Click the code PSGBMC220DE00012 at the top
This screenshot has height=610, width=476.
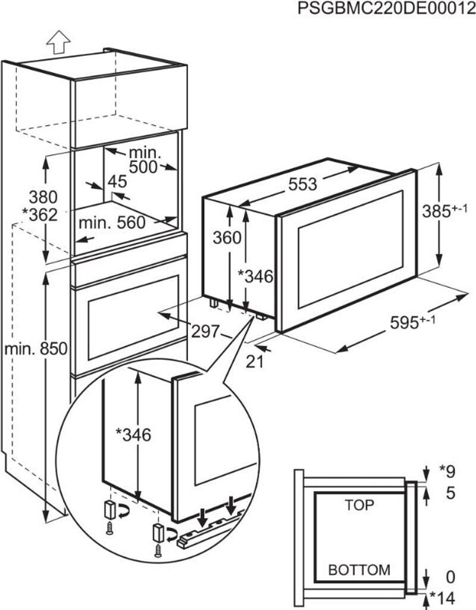[387, 8]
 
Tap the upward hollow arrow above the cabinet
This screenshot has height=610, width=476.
[58, 42]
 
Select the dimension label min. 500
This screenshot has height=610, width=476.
[143, 160]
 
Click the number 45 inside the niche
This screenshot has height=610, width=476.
[117, 182]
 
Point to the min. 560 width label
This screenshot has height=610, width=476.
[112, 223]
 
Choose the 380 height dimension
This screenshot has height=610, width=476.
[43, 197]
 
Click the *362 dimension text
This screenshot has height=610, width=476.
[40, 214]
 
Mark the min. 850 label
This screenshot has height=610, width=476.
[36, 349]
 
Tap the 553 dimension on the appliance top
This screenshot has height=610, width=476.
[303, 184]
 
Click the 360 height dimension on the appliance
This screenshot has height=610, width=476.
[227, 238]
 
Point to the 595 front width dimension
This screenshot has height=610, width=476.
[412, 322]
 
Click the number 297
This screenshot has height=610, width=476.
[206, 331]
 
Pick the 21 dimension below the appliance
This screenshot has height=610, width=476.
[255, 362]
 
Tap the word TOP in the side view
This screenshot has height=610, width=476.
[359, 505]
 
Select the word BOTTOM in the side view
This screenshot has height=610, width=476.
[359, 570]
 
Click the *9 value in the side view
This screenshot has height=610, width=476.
[447, 472]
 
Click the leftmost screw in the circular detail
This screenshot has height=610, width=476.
[109, 528]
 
